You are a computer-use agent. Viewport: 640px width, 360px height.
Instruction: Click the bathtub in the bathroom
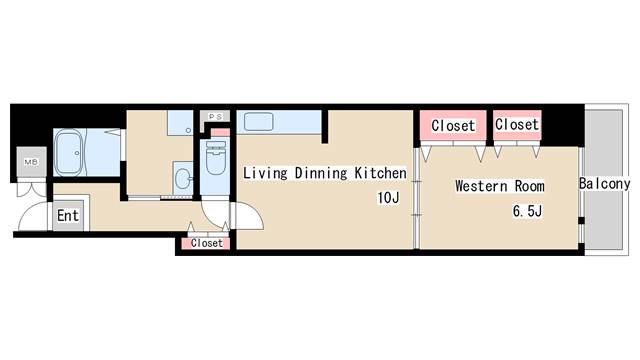(x=69, y=153)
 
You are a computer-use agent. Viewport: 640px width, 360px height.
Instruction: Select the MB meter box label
(x=31, y=162)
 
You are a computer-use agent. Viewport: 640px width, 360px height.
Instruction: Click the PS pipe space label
(x=216, y=117)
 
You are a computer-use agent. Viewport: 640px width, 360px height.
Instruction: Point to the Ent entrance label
(x=68, y=215)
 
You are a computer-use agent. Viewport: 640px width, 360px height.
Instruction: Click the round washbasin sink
(x=183, y=179)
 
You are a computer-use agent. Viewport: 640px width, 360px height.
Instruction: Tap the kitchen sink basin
(x=258, y=122)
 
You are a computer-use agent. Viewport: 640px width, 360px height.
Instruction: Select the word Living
(x=265, y=173)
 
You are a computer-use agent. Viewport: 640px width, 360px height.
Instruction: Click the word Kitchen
(x=380, y=173)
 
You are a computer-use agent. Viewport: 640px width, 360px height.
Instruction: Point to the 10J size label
(x=388, y=198)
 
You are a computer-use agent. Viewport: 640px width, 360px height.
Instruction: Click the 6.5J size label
(x=527, y=211)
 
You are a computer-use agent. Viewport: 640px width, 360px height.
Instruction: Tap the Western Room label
(x=500, y=186)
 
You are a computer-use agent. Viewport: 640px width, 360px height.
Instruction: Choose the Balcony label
(x=604, y=184)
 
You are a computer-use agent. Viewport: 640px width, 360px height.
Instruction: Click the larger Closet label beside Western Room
(x=453, y=125)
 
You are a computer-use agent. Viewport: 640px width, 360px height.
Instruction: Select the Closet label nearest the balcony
(x=517, y=124)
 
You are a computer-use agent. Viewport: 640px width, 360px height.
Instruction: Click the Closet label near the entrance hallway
(x=207, y=243)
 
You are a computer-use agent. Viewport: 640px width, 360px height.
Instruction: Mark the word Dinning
(x=321, y=173)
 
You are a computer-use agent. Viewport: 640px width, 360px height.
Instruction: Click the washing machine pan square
(x=180, y=122)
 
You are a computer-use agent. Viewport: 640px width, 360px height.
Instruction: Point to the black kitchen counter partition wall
(x=324, y=127)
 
